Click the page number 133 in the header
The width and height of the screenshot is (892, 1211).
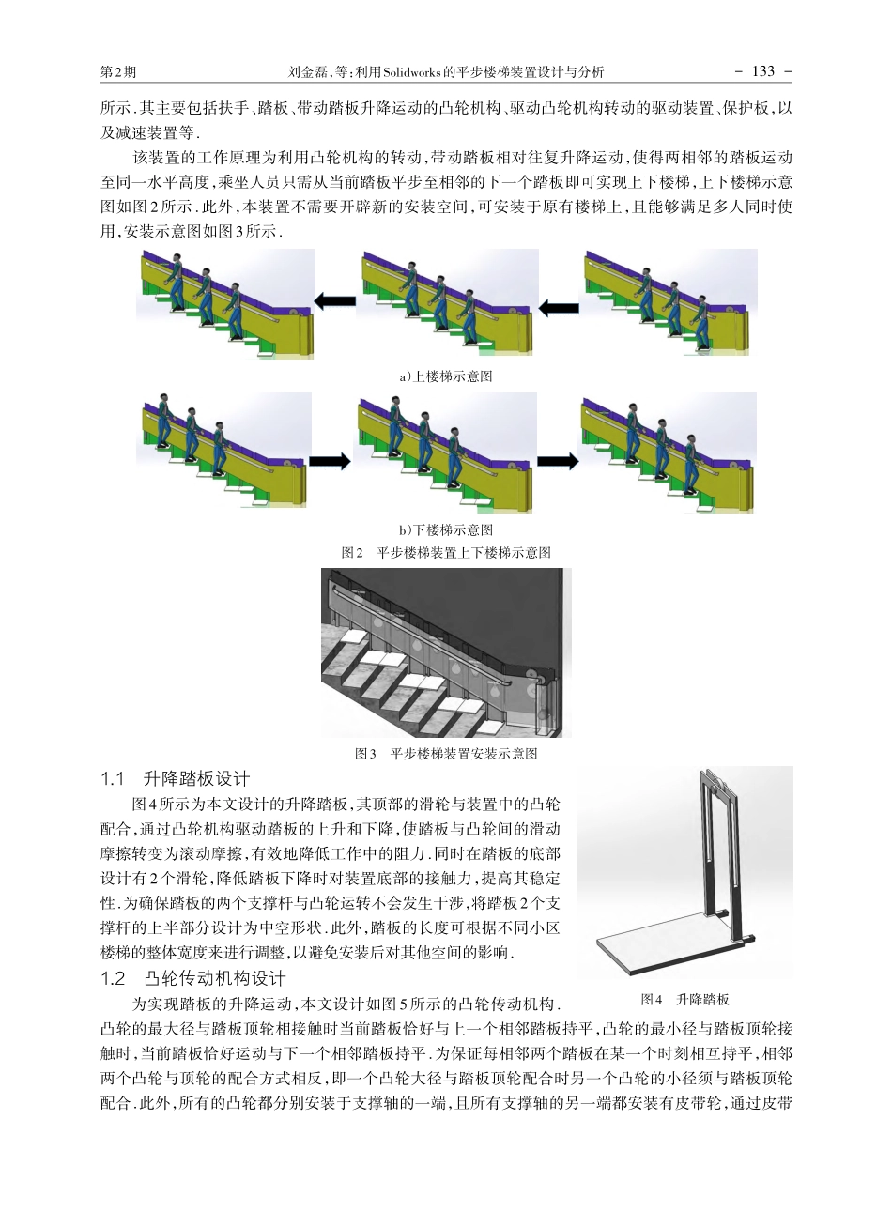click(762, 71)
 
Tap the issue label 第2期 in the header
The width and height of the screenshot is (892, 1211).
click(117, 72)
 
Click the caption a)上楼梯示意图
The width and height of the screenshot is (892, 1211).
click(445, 376)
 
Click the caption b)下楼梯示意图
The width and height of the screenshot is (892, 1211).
click(445, 530)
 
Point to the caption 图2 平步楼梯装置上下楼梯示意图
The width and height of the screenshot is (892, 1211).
click(445, 553)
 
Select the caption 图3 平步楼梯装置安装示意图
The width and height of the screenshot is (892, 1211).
click(445, 754)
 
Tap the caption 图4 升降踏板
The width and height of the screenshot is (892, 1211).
click(684, 1000)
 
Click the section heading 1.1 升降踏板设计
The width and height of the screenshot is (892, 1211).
click(176, 779)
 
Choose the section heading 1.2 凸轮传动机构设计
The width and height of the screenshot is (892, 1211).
click(193, 979)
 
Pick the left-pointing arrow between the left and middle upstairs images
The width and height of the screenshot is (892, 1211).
click(334, 301)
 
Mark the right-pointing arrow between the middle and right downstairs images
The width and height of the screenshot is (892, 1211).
click(558, 461)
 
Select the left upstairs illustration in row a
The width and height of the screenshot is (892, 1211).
click(225, 303)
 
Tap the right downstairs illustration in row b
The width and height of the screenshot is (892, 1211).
click(668, 452)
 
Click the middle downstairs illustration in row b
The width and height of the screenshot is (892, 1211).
click(446, 452)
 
